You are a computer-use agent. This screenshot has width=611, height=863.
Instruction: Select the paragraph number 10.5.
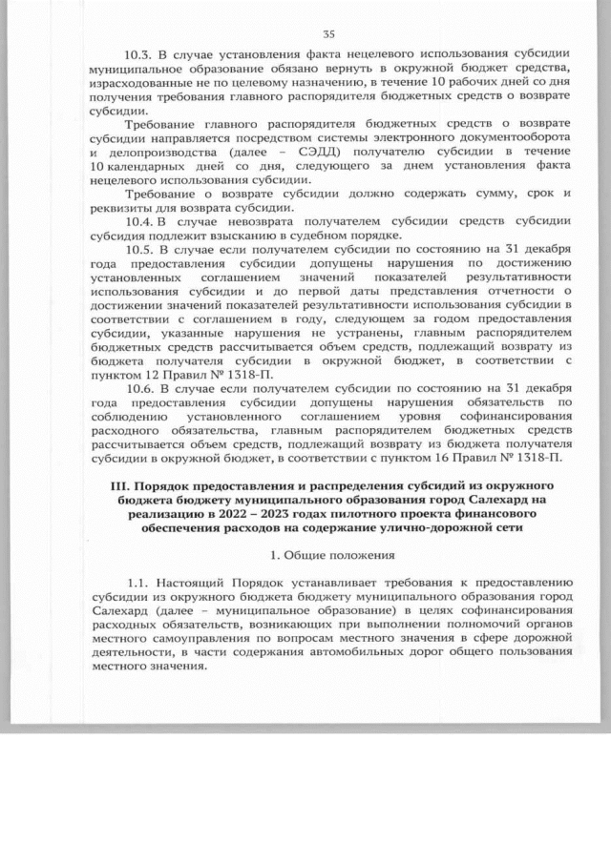tap(141, 250)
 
